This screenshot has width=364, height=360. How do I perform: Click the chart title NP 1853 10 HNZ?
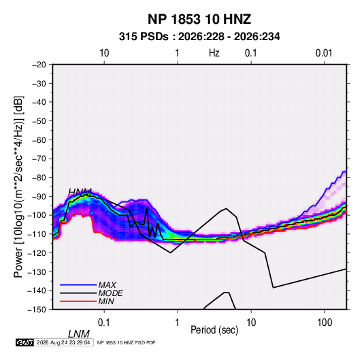click(199, 19)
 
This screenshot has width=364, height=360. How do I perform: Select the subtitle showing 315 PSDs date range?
click(199, 37)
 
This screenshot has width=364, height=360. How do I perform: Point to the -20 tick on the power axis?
click(39, 65)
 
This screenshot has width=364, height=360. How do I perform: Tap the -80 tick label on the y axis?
click(39, 178)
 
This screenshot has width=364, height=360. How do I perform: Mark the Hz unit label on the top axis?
click(214, 53)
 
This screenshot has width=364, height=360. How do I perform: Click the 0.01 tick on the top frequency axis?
click(324, 53)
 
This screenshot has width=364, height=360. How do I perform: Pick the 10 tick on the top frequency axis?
click(104, 53)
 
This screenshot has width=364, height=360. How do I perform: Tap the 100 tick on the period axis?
click(325, 323)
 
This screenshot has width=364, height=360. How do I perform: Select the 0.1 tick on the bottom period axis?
click(104, 323)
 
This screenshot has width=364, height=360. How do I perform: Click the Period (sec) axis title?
click(214, 330)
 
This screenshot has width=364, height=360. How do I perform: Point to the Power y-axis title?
click(18, 186)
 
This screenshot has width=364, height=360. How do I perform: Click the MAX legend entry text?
click(107, 284)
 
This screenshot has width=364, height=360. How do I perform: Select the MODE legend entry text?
click(110, 293)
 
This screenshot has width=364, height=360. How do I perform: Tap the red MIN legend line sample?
click(78, 301)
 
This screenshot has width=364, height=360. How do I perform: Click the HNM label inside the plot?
click(80, 193)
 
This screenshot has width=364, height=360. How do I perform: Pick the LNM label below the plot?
click(78, 334)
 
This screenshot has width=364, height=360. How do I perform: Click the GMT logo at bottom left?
click(24, 342)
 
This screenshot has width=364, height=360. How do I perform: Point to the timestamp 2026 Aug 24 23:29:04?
click(63, 342)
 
